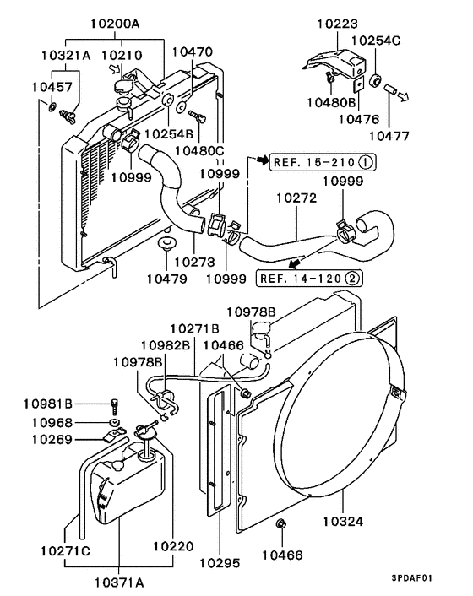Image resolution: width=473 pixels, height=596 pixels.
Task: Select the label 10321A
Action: click(66, 55)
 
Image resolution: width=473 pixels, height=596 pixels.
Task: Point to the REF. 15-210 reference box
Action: click(322, 162)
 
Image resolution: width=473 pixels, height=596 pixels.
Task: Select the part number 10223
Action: click(336, 24)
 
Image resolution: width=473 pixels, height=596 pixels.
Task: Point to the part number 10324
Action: click(341, 522)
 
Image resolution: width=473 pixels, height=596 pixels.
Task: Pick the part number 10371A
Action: click(119, 582)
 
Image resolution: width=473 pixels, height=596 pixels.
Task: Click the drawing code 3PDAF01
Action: click(412, 578)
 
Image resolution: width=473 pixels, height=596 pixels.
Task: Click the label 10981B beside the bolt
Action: click(52, 403)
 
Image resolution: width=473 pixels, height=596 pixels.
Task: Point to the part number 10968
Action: click(52, 422)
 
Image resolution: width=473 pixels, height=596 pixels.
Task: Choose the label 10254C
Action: click(376, 40)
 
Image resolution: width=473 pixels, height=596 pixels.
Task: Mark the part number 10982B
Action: click(165, 344)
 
